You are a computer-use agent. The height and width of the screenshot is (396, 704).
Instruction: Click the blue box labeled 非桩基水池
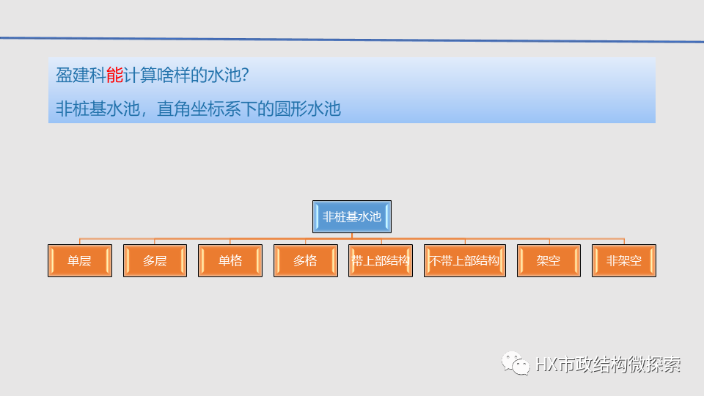pyautogui.click(x=352, y=216)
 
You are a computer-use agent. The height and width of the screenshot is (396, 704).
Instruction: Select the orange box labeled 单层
pyautogui.click(x=79, y=260)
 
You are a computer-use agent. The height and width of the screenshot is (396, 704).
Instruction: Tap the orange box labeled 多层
pyautogui.click(x=155, y=260)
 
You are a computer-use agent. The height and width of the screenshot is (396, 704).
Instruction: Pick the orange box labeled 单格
pyautogui.click(x=230, y=260)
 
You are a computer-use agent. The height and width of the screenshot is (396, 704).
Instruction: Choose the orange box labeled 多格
pyautogui.click(x=305, y=260)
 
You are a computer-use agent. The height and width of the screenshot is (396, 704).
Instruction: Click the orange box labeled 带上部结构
pyautogui.click(x=381, y=260)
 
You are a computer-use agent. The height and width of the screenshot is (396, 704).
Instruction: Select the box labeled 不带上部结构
pyautogui.click(x=464, y=260)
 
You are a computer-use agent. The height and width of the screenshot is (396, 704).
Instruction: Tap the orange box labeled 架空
pyautogui.click(x=549, y=260)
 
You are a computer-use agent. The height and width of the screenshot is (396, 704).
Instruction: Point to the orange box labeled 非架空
pyautogui.click(x=624, y=260)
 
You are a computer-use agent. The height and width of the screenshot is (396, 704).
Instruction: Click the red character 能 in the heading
pyautogui.click(x=114, y=75)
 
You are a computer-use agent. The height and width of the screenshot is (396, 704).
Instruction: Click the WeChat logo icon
pyautogui.click(x=516, y=362)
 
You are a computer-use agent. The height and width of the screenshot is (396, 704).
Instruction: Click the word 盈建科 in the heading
pyautogui.click(x=81, y=75)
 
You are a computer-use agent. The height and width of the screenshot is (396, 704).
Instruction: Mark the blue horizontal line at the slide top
pyautogui.click(x=352, y=39)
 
